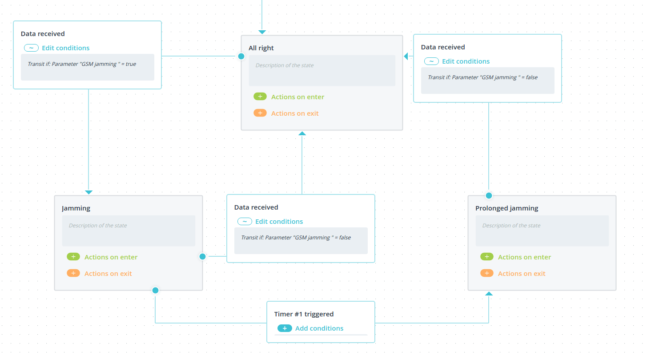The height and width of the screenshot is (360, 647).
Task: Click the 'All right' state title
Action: pyautogui.click(x=261, y=48)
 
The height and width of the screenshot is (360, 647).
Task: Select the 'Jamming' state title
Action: pyautogui.click(x=76, y=208)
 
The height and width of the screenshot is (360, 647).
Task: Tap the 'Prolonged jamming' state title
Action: pyautogui.click(x=506, y=208)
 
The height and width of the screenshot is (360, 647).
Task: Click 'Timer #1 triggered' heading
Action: pyautogui.click(x=304, y=314)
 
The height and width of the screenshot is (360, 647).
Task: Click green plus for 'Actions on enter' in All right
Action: pyautogui.click(x=260, y=97)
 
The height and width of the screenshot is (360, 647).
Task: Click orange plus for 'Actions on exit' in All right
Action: pyautogui.click(x=260, y=113)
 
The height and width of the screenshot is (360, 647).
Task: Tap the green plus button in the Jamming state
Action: pyautogui.click(x=73, y=257)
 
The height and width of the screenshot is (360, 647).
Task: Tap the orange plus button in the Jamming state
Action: pyautogui.click(x=73, y=273)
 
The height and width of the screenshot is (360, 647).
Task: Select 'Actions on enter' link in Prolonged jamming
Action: pyautogui.click(x=524, y=257)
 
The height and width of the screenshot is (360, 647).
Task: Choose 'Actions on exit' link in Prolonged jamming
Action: pyautogui.click(x=521, y=274)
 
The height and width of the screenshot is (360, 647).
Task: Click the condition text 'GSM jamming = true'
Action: pyautogui.click(x=82, y=64)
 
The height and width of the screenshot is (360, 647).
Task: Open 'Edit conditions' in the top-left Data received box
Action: pyautogui.click(x=65, y=48)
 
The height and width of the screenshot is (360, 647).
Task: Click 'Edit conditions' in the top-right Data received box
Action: pyautogui.click(x=466, y=61)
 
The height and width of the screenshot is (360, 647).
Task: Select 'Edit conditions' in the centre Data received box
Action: pyautogui.click(x=279, y=222)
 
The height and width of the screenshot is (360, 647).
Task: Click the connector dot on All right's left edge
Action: pyautogui.click(x=241, y=56)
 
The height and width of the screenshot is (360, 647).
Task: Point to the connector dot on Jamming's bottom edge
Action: pyautogui.click(x=155, y=290)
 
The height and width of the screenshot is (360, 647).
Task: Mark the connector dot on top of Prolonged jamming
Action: pyautogui.click(x=489, y=196)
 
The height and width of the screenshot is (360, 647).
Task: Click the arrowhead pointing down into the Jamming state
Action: pyautogui.click(x=88, y=192)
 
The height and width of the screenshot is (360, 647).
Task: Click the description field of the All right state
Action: pyautogui.click(x=322, y=71)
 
